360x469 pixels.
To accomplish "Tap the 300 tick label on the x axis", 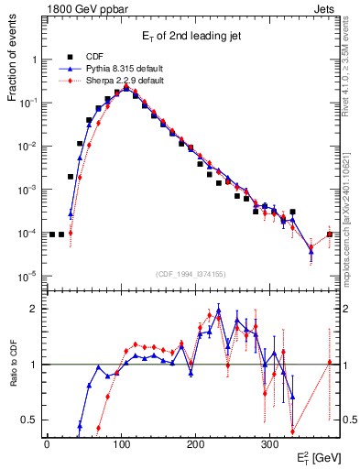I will pyautogui.click(x=269, y=443).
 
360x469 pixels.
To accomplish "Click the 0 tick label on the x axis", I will pyautogui.click(x=47, y=443).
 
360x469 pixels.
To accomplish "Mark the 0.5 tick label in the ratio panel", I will pyautogui.click(x=27, y=420).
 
